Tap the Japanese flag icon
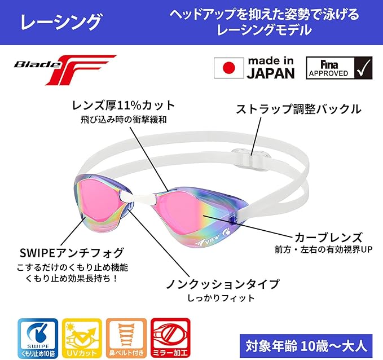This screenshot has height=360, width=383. pos(228,68)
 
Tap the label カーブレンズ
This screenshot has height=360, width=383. pos(323,237)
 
